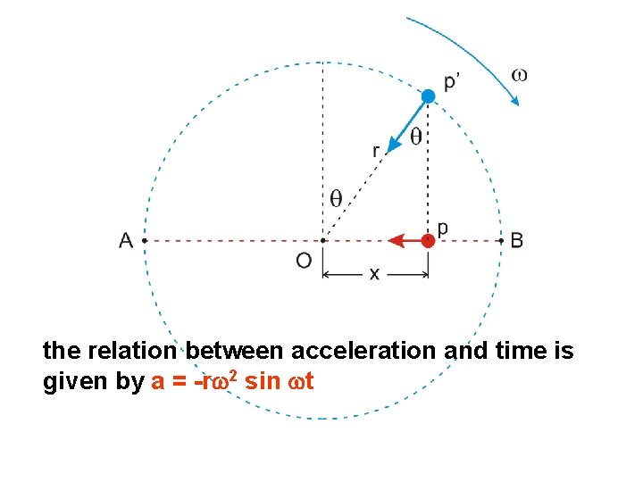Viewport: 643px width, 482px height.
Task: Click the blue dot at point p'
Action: coord(429,96)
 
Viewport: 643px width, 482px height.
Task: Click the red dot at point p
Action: coord(429,240)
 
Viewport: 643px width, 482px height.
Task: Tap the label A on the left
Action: coord(126,240)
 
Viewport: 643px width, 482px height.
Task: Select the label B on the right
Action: coord(517,240)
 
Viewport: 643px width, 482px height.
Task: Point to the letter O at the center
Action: coord(304,261)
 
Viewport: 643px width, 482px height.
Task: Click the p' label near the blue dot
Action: coord(453,81)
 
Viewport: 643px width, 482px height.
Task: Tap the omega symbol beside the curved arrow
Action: coord(519,74)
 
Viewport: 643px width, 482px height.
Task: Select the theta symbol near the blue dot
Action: coord(416,137)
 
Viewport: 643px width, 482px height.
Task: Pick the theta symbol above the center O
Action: coord(336,198)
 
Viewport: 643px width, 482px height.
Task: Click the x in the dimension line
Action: coord(374,275)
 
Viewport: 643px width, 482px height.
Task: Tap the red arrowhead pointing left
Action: coord(394,240)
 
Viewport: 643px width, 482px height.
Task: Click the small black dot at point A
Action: coord(144,240)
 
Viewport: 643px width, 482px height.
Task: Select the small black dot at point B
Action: coord(498,240)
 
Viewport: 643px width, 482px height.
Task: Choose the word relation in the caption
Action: coord(132,352)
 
